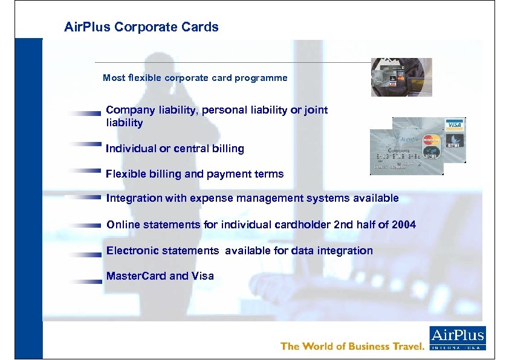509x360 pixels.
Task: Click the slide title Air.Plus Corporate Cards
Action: pyautogui.click(x=141, y=27)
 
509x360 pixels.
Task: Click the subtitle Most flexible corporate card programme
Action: pyautogui.click(x=195, y=78)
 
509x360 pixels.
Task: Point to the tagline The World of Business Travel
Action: pyautogui.click(x=353, y=346)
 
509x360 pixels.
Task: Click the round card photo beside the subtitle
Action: pyautogui.click(x=401, y=77)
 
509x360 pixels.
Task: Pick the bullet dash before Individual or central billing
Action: pyautogui.click(x=84, y=144)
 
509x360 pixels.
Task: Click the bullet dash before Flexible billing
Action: pyautogui.click(x=84, y=170)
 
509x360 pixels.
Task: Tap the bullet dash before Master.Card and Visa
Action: pyautogui.click(x=84, y=280)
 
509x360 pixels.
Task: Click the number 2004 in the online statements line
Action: pyautogui.click(x=404, y=225)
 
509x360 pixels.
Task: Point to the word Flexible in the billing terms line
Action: pyautogui.click(x=125, y=174)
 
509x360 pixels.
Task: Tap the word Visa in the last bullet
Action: pyautogui.click(x=203, y=276)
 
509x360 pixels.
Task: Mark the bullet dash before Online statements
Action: pyautogui.click(x=84, y=225)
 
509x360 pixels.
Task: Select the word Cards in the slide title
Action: pyautogui.click(x=202, y=27)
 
